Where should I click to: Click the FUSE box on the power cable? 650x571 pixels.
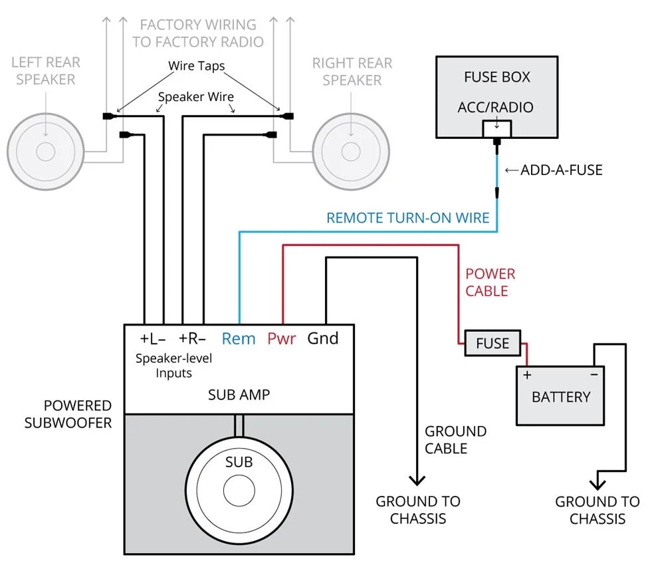tap(492, 344)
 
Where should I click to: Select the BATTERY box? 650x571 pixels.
tap(561, 396)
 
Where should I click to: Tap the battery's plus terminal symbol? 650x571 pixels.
tap(528, 375)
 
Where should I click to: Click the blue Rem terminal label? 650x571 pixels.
tap(239, 338)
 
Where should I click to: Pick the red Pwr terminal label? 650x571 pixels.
tap(281, 338)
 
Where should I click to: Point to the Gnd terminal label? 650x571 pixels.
tap(323, 338)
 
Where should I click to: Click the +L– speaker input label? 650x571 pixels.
tap(153, 338)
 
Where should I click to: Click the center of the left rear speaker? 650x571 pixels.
tap(45, 152)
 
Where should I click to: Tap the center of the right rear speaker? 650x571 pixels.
tap(351, 152)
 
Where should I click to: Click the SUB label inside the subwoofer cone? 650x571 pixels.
tap(239, 461)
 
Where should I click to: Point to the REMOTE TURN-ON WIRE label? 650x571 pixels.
tap(407, 217)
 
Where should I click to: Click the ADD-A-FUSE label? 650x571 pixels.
tap(561, 170)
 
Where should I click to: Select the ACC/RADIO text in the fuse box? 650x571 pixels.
tap(496, 107)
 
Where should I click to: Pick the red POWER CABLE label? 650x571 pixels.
tap(490, 282)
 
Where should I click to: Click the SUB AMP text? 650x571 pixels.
tap(239, 394)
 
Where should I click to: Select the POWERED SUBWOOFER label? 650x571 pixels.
tap(68, 413)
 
